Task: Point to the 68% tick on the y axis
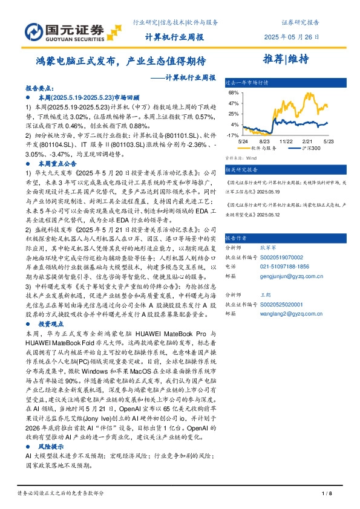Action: pos(232,94)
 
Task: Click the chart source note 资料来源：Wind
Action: pos(240,157)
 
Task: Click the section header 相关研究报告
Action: pos(241,170)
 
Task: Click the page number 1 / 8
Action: pos(327,494)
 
